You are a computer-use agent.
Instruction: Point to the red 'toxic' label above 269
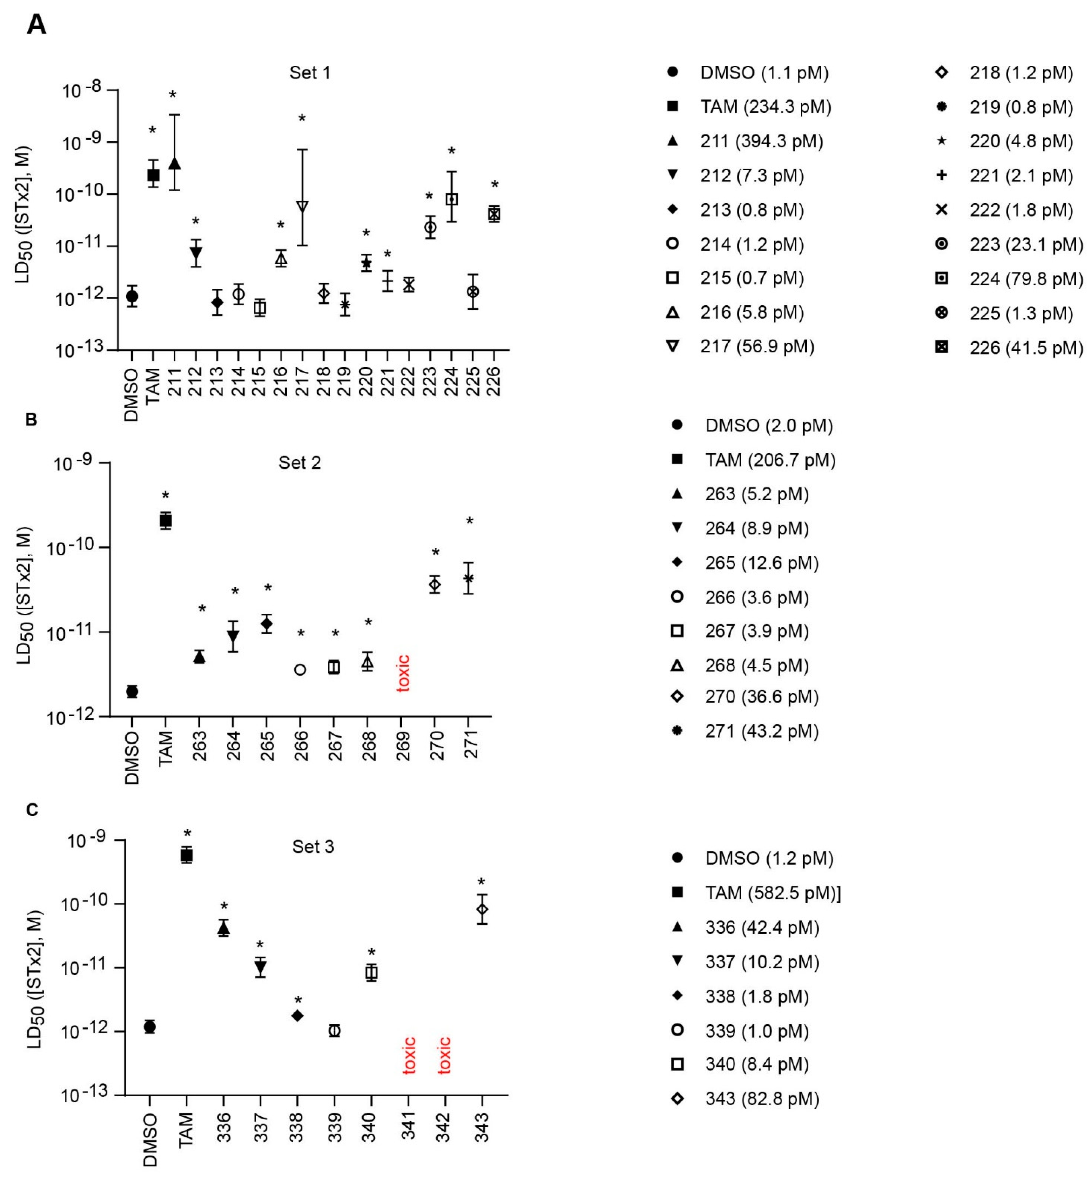point(403,673)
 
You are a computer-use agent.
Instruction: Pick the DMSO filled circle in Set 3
point(150,1027)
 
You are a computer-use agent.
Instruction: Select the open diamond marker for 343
point(482,909)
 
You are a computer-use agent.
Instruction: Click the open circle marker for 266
point(300,670)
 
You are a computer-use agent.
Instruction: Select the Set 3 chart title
point(313,847)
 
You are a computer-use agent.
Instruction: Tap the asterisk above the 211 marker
point(173,95)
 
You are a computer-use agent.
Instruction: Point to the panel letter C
point(32,810)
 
